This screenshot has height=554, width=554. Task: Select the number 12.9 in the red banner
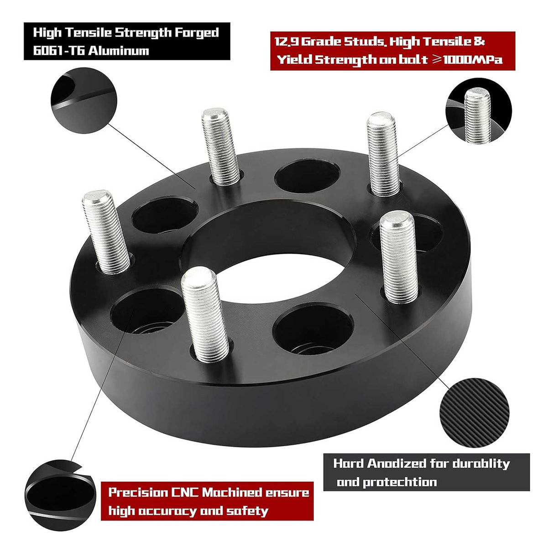tap(287, 42)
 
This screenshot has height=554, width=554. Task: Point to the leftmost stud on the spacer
tap(105, 233)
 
